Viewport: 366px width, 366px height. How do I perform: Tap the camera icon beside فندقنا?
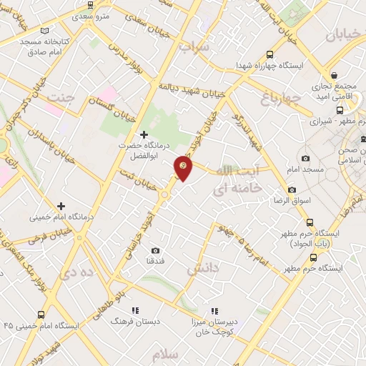point(156,251)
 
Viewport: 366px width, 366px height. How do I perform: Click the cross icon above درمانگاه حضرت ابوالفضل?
point(144,134)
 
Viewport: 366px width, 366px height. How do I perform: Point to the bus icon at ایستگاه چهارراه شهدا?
point(269,54)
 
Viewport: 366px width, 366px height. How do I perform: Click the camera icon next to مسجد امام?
point(306,158)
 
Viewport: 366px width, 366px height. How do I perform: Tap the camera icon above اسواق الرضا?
point(292,190)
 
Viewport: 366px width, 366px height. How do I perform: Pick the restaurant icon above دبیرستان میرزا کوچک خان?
point(213,311)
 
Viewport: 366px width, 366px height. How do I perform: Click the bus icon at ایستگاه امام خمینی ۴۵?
point(40,315)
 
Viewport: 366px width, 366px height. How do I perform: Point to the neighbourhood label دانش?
point(201,269)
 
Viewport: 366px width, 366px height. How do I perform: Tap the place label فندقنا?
point(155,262)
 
